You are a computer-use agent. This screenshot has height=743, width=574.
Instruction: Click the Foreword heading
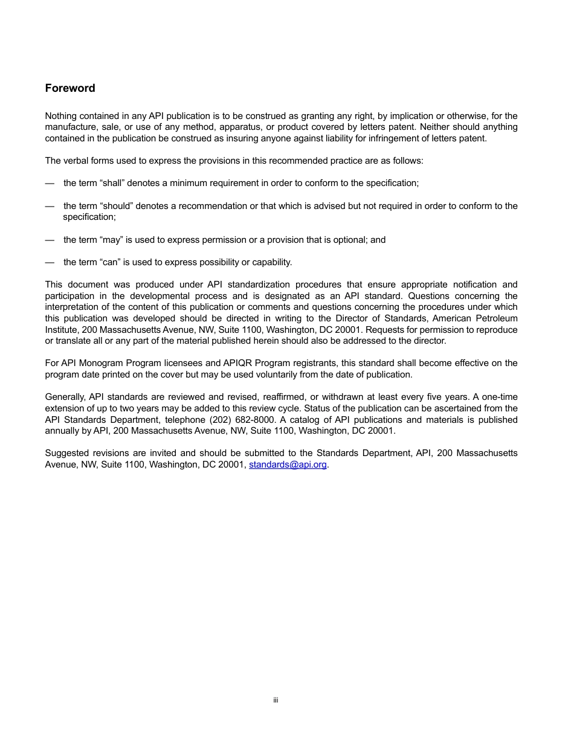click(70, 88)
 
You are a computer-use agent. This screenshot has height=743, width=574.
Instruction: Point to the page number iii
click(276, 700)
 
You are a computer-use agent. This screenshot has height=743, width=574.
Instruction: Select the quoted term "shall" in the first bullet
click(111, 183)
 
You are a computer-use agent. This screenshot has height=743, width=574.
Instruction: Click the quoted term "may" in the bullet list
click(108, 240)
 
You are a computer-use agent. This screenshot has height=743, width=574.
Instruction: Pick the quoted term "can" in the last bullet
click(109, 262)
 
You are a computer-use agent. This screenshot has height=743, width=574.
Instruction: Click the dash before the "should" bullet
click(50, 206)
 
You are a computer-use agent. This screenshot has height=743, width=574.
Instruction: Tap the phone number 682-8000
click(258, 420)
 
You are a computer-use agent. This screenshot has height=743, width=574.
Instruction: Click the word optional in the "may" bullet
click(349, 240)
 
